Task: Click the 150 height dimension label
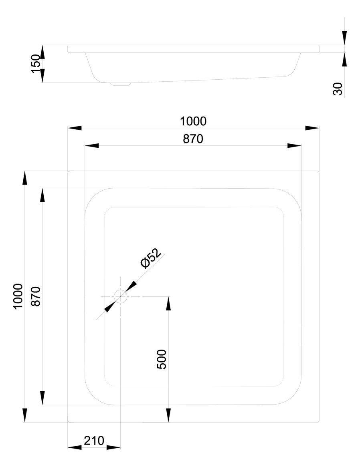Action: (35, 64)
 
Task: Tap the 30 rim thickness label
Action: (338, 89)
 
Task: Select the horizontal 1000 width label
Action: (193, 121)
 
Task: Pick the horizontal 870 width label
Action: (193, 139)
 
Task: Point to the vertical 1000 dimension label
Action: (18, 297)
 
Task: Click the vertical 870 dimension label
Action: (35, 296)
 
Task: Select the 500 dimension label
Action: (162, 360)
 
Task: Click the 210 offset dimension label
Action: (94, 441)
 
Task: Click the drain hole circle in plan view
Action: (120, 296)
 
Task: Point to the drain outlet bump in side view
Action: (120, 84)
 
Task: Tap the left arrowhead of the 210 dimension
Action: (75, 447)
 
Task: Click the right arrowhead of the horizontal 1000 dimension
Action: (312, 128)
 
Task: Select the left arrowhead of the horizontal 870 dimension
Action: (92, 146)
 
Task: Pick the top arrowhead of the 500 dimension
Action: (168, 304)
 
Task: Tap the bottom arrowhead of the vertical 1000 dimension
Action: (25, 415)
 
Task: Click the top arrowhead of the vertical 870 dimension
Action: (42, 195)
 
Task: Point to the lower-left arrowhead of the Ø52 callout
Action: (110, 306)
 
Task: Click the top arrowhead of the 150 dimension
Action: (42, 52)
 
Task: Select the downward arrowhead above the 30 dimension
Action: (344, 38)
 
